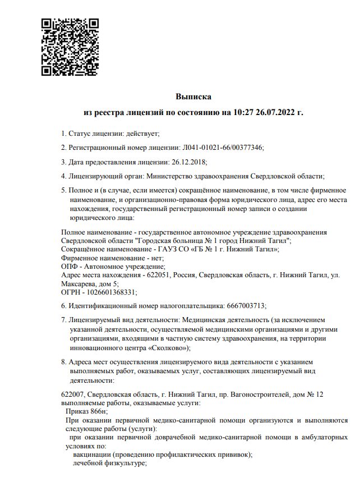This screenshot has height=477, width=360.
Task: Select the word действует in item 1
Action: coord(144,133)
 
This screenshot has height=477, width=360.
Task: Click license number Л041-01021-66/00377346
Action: coord(223,148)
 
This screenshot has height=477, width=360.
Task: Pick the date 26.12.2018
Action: coord(188,162)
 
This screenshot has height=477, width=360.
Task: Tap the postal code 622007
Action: coord(72,394)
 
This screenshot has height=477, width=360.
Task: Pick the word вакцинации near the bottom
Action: coord(93,455)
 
